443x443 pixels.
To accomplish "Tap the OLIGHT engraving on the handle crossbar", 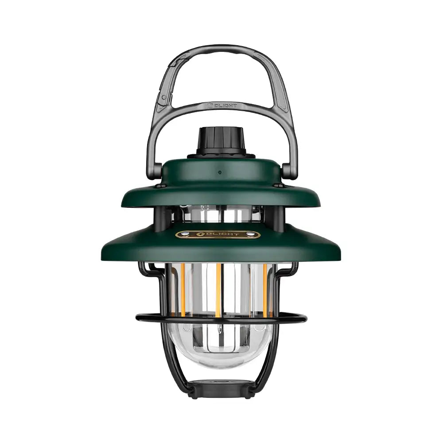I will [x=222, y=106].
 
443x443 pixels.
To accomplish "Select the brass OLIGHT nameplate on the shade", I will [x=218, y=234].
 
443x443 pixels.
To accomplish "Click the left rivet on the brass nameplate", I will [x=186, y=234].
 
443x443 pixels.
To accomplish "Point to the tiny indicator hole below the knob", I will [x=219, y=171].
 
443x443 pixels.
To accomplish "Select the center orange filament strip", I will [x=218, y=290].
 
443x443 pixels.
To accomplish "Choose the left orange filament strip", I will [x=183, y=290].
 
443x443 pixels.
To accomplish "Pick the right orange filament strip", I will [x=265, y=290].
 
